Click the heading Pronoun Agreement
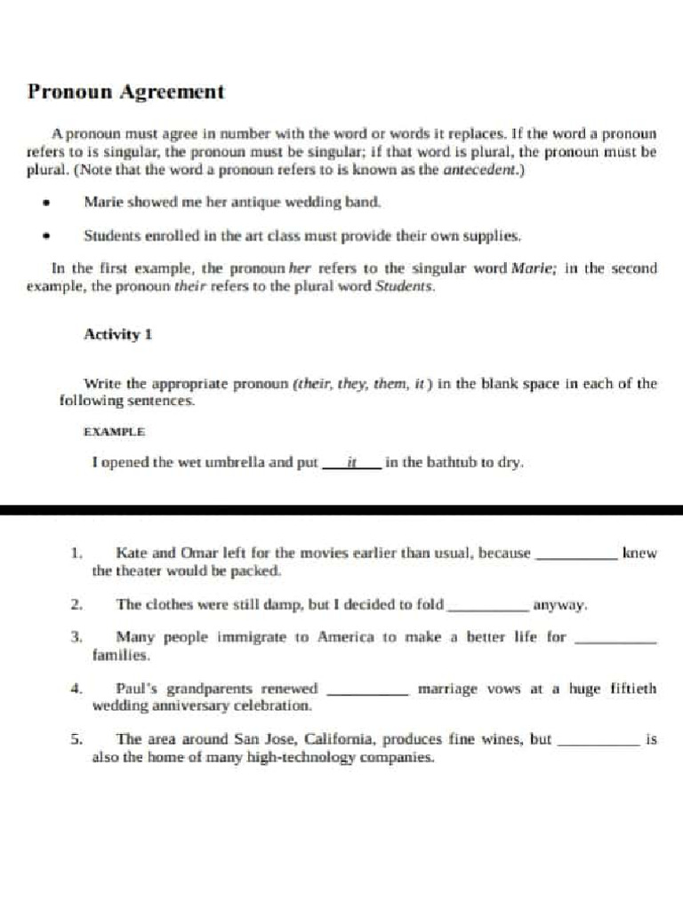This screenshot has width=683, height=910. [x=125, y=92]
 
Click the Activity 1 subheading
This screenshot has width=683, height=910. [x=118, y=334]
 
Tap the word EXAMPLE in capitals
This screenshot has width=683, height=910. [x=114, y=432]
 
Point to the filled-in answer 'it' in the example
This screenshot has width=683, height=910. [x=351, y=462]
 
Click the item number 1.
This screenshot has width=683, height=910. [x=76, y=553]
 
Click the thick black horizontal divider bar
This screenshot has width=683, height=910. [x=341, y=510]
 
